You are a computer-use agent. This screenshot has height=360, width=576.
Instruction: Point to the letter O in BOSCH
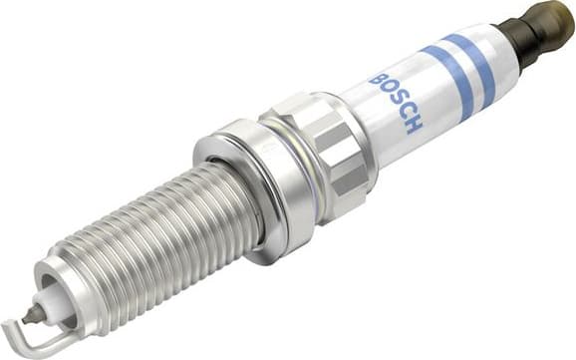[387, 89]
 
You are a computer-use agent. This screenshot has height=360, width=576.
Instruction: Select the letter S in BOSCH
[397, 101]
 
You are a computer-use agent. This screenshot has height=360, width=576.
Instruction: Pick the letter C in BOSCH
[406, 113]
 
